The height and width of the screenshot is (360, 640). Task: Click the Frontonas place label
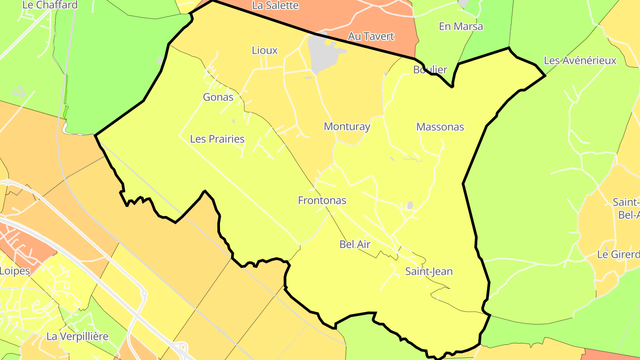[322, 200]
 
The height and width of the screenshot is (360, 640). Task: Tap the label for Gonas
[218, 97]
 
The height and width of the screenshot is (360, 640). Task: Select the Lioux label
[264, 50]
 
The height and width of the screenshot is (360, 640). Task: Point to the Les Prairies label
[217, 139]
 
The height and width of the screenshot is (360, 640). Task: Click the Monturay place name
[347, 127]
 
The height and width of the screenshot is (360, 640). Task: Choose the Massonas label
[440, 127]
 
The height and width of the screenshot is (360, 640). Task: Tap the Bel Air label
[355, 244]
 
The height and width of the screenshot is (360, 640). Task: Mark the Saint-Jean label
[429, 271]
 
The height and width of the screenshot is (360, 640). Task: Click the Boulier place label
[430, 69]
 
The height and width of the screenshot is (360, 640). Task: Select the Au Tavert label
[371, 36]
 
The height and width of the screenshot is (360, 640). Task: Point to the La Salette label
[275, 5]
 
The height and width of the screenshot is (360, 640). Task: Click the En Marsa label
[460, 26]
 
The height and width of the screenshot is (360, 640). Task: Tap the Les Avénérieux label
[580, 60]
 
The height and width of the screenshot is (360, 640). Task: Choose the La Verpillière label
[77, 336]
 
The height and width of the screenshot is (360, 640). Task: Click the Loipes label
[15, 271]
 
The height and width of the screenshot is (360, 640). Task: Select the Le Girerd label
[618, 255]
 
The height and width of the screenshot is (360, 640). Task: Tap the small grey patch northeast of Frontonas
[410, 205]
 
